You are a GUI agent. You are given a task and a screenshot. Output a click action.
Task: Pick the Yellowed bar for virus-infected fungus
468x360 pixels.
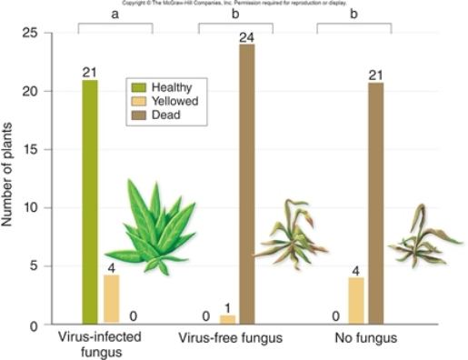click(x=112, y=299)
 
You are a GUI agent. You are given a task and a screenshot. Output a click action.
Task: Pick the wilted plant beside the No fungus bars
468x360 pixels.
click(x=421, y=238)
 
